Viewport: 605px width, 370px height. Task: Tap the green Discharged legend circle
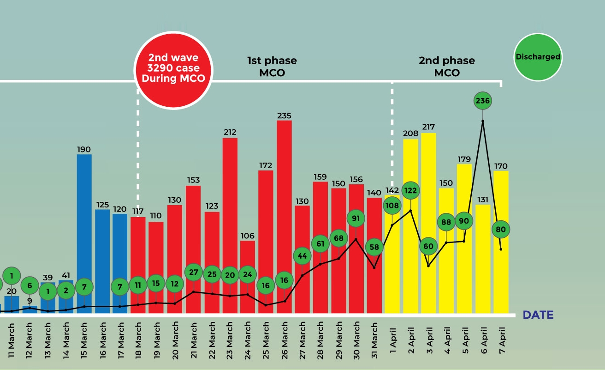pyautogui.click(x=538, y=57)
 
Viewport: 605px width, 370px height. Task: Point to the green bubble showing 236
pyautogui.click(x=483, y=100)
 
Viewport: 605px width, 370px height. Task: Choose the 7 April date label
pyautogui.click(x=501, y=340)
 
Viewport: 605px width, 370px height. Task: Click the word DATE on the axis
pyautogui.click(x=538, y=315)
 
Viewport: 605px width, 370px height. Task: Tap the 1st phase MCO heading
pyautogui.click(x=272, y=67)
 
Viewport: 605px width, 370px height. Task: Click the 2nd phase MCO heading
pyautogui.click(x=446, y=67)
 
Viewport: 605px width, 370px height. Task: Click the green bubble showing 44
pyautogui.click(x=302, y=255)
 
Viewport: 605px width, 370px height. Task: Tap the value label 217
pyautogui.click(x=428, y=127)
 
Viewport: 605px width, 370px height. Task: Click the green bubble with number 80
pyautogui.click(x=501, y=229)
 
